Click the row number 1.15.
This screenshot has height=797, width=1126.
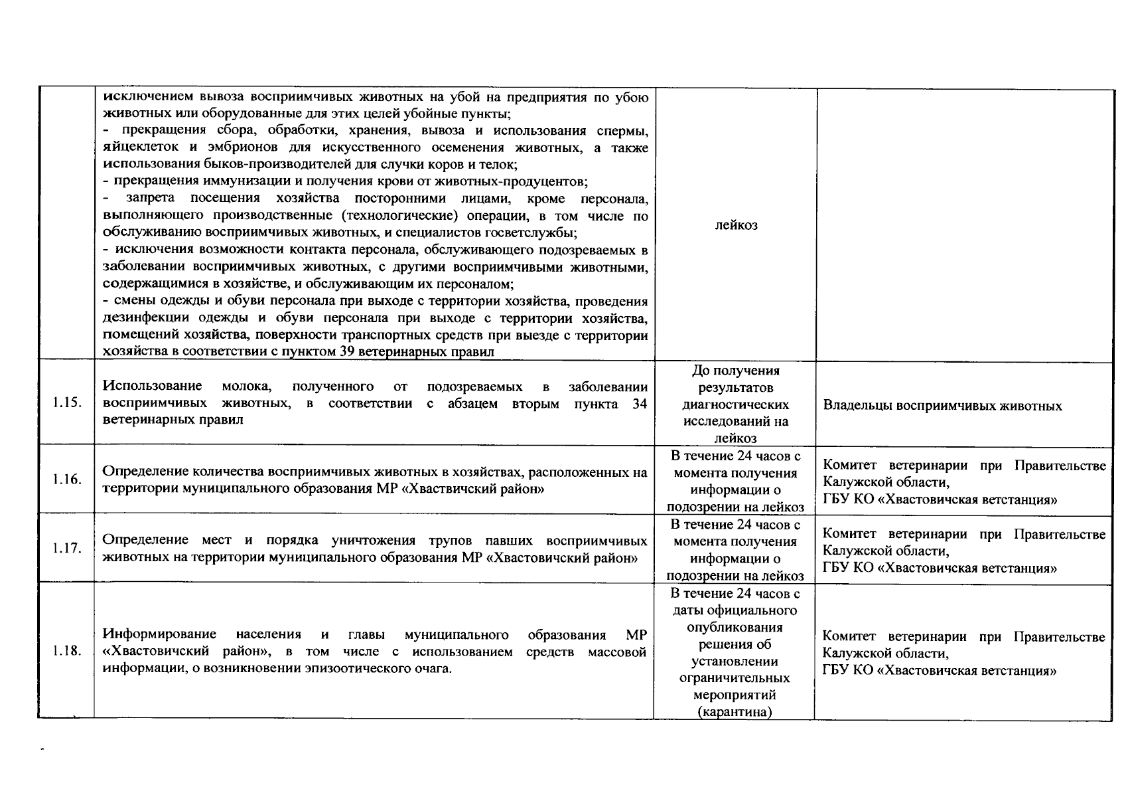[x=67, y=403]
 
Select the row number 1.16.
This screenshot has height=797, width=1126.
[x=67, y=480]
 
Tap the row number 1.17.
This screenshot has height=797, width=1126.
[x=67, y=549]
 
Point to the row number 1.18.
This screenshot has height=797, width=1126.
[x=67, y=651]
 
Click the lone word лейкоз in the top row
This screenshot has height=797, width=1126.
[x=736, y=225]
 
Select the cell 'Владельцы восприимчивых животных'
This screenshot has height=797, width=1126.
[x=942, y=406]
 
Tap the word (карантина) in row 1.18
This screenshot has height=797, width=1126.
[x=735, y=712]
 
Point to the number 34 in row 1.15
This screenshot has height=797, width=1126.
[x=640, y=404]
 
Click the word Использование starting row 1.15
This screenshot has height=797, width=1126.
[x=153, y=387]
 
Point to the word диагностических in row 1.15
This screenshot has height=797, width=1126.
[x=735, y=404]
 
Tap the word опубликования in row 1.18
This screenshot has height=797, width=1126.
[x=735, y=628]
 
